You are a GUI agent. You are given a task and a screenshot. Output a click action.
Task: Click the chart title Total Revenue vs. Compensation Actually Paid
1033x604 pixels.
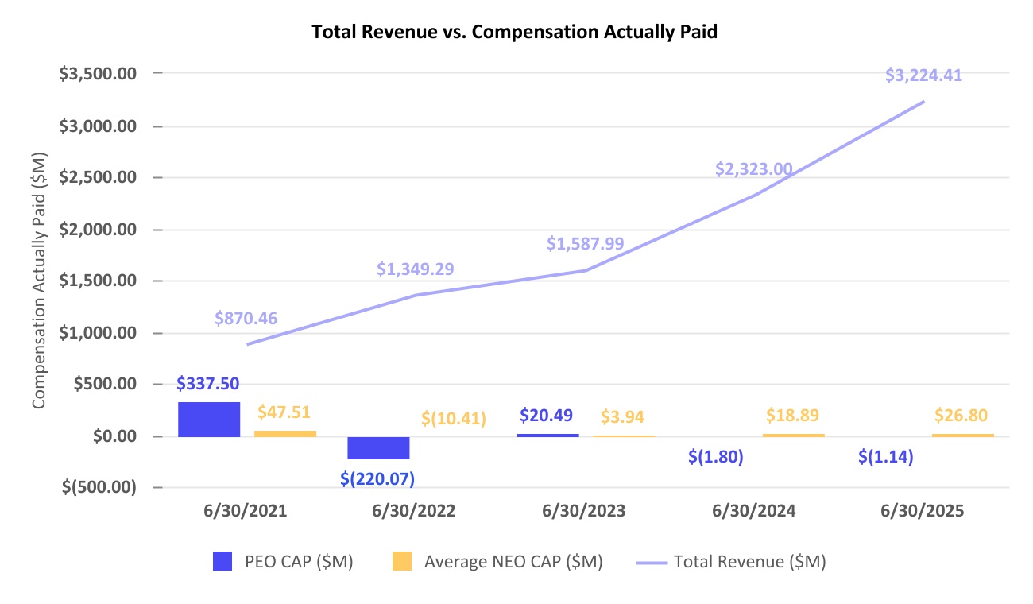tap(516, 32)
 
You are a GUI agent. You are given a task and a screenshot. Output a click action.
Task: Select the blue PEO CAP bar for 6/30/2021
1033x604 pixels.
tap(209, 420)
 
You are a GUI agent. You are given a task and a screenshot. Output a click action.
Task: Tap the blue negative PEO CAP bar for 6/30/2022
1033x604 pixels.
tap(378, 447)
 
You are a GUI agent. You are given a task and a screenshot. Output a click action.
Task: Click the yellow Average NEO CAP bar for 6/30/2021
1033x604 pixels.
tap(285, 433)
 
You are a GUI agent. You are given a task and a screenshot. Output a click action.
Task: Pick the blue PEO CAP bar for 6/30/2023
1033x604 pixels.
tap(547, 435)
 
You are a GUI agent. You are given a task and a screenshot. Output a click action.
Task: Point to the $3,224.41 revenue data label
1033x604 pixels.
tap(923, 76)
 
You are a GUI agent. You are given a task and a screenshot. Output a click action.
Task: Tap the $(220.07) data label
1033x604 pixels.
tap(378, 479)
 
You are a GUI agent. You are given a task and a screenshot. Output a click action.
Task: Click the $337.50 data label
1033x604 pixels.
tap(209, 385)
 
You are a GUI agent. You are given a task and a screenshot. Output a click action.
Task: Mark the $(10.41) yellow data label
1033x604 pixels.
tap(454, 417)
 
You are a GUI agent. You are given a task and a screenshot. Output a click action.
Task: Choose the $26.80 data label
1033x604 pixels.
tap(962, 415)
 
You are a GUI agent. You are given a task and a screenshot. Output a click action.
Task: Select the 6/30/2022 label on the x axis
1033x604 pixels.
tap(414, 511)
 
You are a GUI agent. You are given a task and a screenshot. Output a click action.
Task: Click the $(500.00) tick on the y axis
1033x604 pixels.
tap(99, 487)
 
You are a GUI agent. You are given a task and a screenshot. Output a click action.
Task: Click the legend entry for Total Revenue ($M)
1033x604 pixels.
tap(749, 562)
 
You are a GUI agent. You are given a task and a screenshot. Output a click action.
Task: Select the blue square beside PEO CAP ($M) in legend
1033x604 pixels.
tap(223, 562)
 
